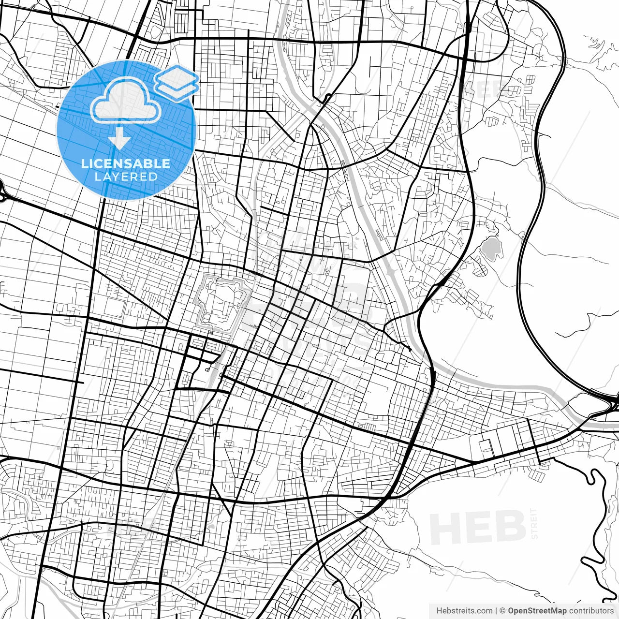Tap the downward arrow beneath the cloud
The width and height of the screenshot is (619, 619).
[119, 141]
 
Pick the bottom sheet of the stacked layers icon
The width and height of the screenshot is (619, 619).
[177, 89]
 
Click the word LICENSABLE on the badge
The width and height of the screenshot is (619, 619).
[126, 163]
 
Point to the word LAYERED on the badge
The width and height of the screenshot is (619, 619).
[126, 177]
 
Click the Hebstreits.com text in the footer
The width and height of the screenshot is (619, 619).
[464, 611]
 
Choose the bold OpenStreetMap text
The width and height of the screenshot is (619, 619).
[537, 611]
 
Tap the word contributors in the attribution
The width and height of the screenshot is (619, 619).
[591, 611]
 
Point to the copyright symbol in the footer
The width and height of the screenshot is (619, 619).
[503, 611]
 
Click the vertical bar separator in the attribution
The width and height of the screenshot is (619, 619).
[497, 611]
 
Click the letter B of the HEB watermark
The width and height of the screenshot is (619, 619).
[510, 528]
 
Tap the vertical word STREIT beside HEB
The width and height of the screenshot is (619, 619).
[534, 523]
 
